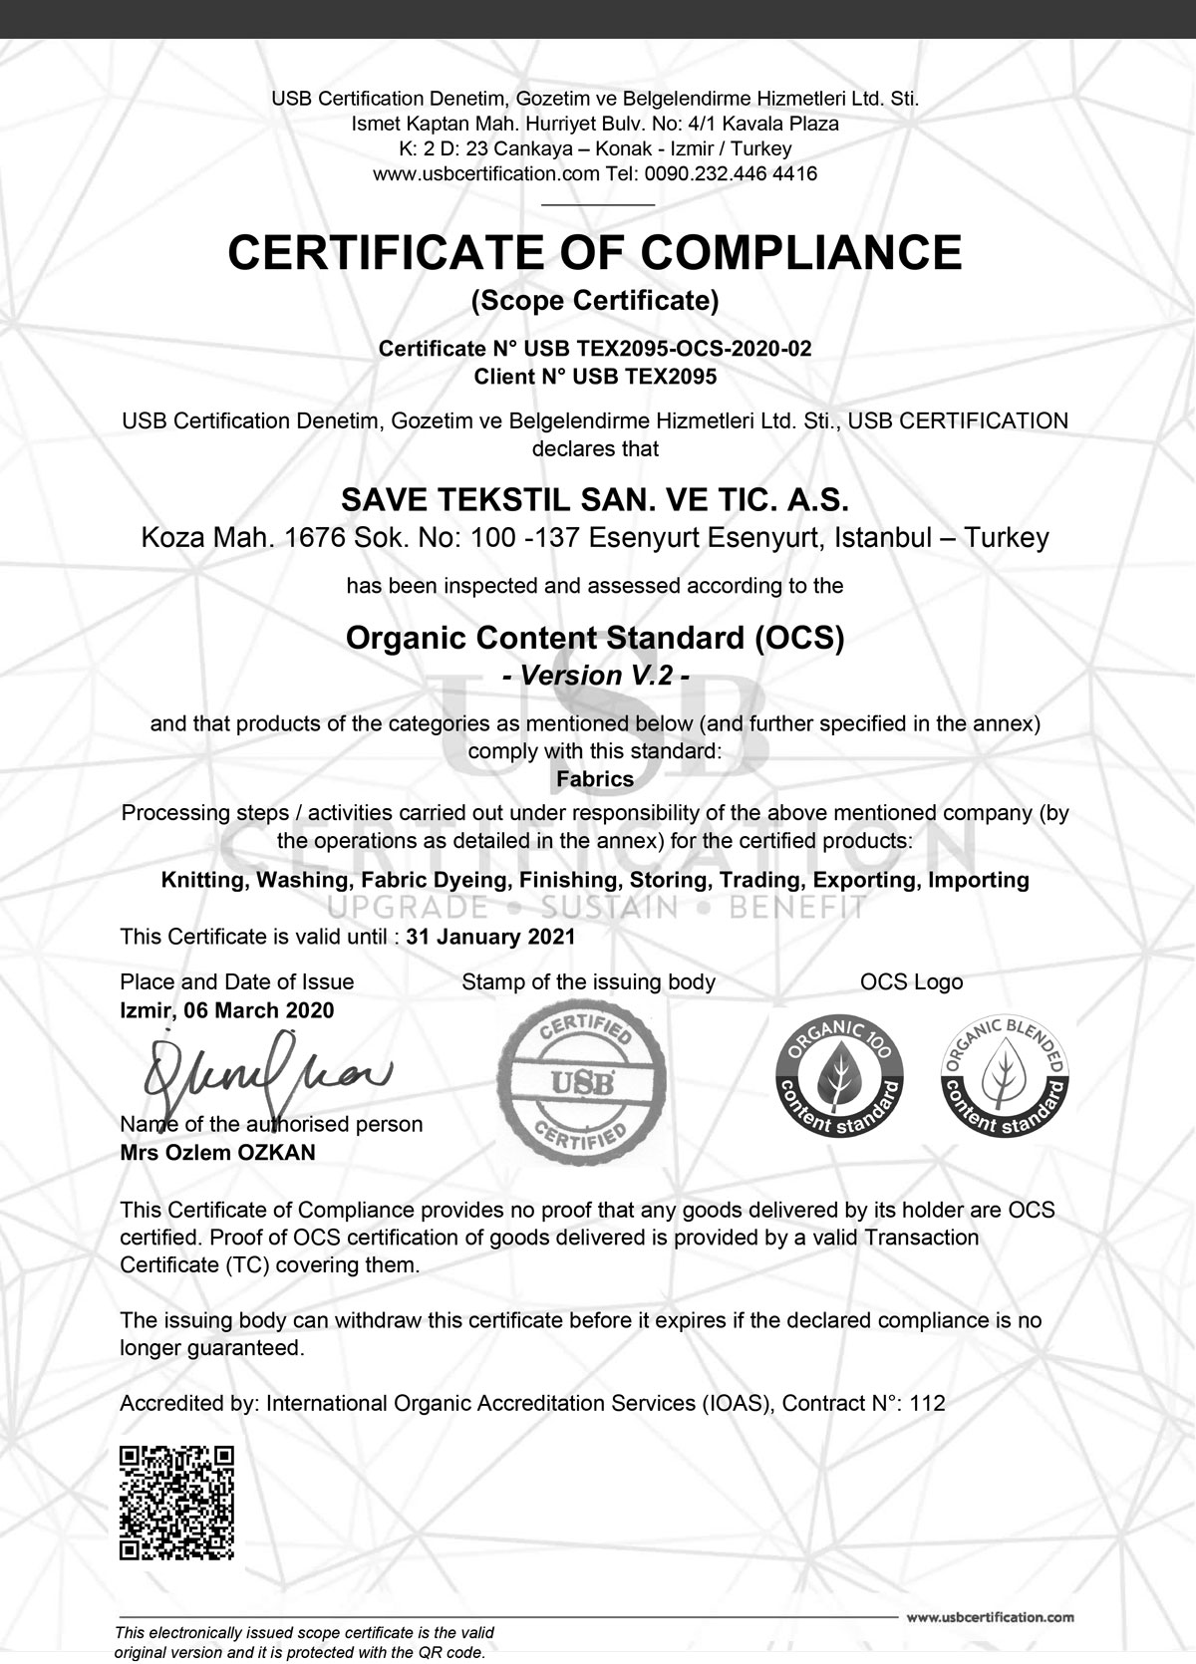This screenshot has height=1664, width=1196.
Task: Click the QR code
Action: [177, 1503]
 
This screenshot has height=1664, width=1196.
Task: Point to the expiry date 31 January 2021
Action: [491, 937]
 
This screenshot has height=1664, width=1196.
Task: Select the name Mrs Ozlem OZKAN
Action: [217, 1153]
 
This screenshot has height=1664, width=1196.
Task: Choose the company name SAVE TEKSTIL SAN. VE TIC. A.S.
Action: [596, 499]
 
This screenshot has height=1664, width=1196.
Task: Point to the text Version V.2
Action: [596, 676]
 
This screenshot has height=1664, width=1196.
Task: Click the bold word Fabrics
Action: [596, 779]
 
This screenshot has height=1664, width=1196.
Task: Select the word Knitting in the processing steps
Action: [203, 880]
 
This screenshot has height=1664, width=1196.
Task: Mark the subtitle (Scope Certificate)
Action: [596, 300]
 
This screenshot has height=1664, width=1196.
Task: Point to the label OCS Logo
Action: [912, 982]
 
